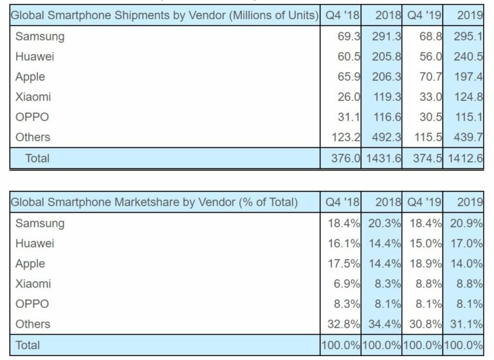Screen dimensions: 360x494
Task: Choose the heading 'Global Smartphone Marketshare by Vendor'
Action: pos(155,203)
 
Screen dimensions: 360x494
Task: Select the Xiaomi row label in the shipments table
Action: pos(33,96)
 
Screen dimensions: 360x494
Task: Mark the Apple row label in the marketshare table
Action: pos(30,264)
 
